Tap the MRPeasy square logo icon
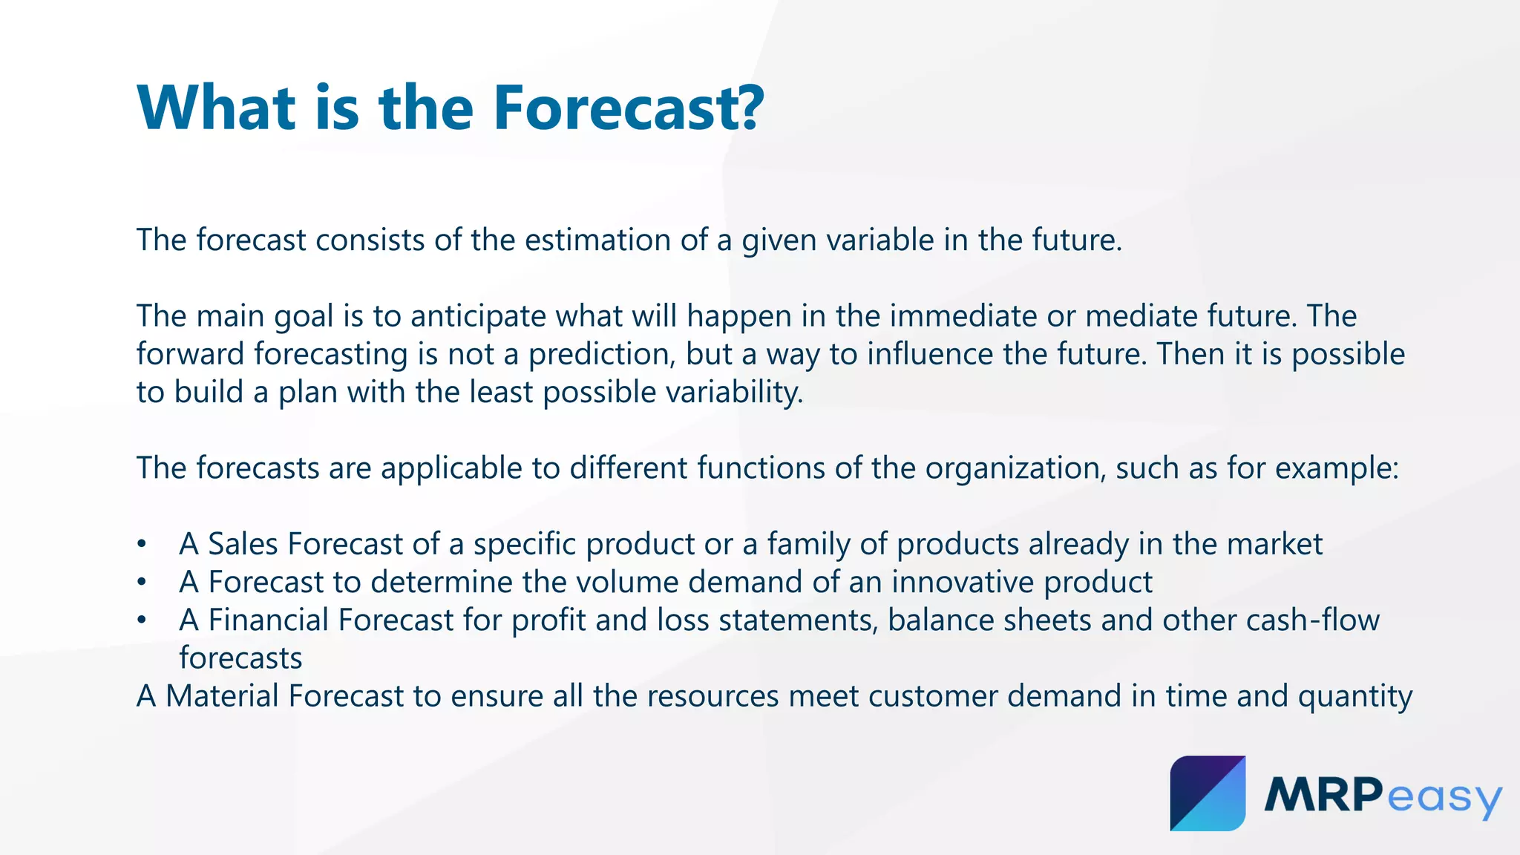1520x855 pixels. click(1208, 793)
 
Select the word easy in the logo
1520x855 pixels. click(1444, 798)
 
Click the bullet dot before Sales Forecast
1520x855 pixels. click(141, 545)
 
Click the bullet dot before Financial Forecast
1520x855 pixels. click(141, 620)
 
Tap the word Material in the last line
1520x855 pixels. click(222, 696)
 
